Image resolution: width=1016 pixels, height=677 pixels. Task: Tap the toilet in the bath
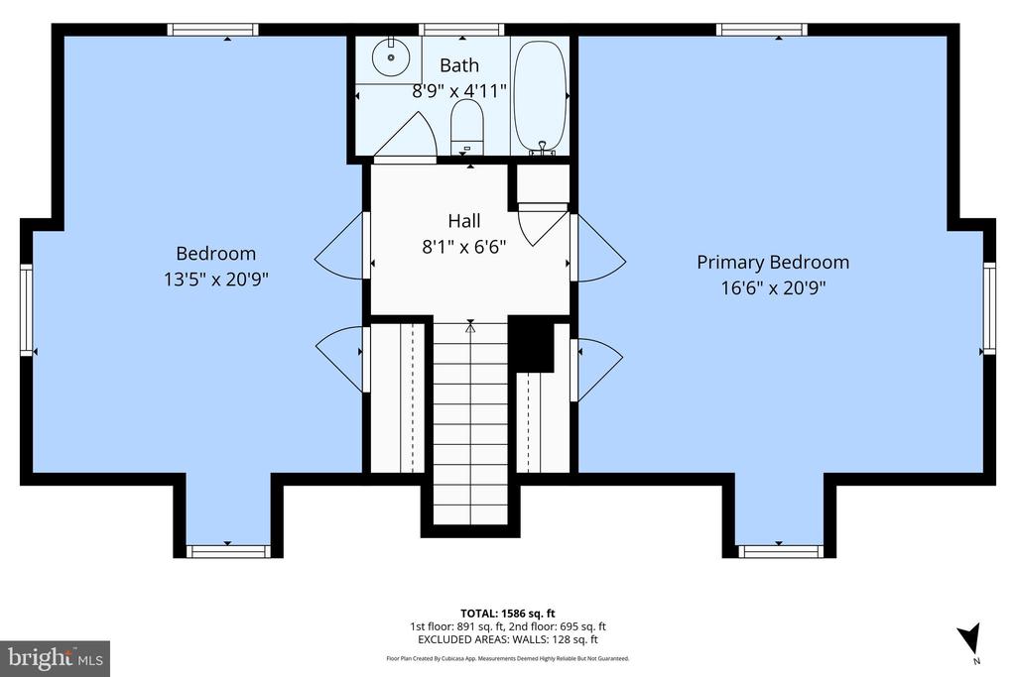[x=465, y=129]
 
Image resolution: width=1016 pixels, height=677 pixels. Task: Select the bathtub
[x=540, y=95]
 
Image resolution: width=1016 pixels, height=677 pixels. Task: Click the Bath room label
[x=459, y=65]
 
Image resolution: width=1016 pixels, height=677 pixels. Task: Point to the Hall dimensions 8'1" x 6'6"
[x=464, y=246]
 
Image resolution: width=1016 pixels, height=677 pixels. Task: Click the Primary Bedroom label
[x=773, y=262]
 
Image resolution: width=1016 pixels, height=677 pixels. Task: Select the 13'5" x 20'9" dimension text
[x=216, y=280]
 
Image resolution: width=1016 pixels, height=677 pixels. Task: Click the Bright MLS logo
[x=55, y=657]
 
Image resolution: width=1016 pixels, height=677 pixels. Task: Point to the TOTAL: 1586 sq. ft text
[x=507, y=612]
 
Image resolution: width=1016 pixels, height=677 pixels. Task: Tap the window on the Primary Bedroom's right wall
[x=988, y=308]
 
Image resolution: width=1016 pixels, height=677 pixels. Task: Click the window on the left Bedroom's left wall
[x=27, y=308]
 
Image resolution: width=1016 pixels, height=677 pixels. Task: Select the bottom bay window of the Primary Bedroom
[x=781, y=551]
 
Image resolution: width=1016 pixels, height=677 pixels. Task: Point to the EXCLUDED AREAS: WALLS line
[x=507, y=640]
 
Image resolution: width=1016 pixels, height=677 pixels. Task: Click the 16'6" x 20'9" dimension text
[x=773, y=287]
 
